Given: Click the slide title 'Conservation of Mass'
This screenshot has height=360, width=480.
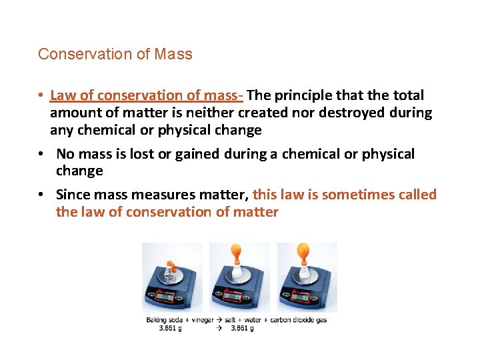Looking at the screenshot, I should (115, 55).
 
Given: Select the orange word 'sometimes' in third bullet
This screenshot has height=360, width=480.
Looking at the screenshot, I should (356, 195).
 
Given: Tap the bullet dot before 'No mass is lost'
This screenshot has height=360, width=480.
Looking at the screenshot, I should (41, 154).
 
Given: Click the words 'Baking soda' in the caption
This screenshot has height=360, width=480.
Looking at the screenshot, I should (162, 320).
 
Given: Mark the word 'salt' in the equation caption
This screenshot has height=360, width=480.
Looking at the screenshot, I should (230, 320).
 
